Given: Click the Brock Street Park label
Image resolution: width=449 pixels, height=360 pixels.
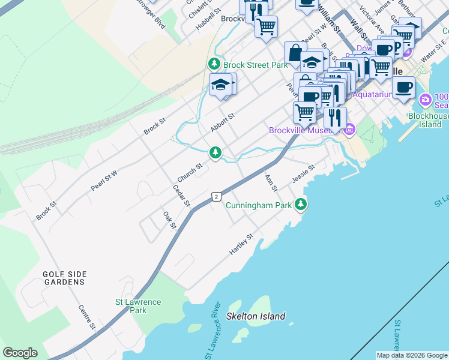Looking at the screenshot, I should [x=255, y=65].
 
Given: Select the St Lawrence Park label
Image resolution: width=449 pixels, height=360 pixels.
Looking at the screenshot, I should [x=138, y=307].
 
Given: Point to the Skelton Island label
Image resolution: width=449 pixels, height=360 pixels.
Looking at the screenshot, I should [x=256, y=316].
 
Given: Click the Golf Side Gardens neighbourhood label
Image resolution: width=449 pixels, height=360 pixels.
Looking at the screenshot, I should [x=64, y=278].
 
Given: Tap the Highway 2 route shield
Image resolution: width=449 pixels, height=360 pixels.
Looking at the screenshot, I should [x=216, y=197].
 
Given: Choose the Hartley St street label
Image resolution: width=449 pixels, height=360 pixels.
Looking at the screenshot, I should [x=242, y=245].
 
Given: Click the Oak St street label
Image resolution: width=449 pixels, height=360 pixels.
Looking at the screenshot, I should [x=169, y=220].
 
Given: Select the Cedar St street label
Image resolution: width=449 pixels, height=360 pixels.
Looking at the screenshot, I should [x=181, y=196].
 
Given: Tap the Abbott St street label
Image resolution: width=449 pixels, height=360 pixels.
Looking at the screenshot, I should [x=221, y=124].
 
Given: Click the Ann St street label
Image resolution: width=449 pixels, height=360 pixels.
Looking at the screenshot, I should [x=271, y=184].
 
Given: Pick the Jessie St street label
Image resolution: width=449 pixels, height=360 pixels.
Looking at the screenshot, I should [x=303, y=173].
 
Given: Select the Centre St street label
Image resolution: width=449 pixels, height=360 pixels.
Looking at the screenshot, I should [x=87, y=317].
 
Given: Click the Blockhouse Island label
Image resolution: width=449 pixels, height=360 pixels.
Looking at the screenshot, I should [x=428, y=120].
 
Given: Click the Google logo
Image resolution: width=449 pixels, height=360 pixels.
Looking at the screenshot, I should [x=20, y=353].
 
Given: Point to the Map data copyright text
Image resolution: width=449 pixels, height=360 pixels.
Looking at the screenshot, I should [x=412, y=355].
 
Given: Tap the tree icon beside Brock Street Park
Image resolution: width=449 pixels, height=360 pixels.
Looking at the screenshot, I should [x=214, y=64].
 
